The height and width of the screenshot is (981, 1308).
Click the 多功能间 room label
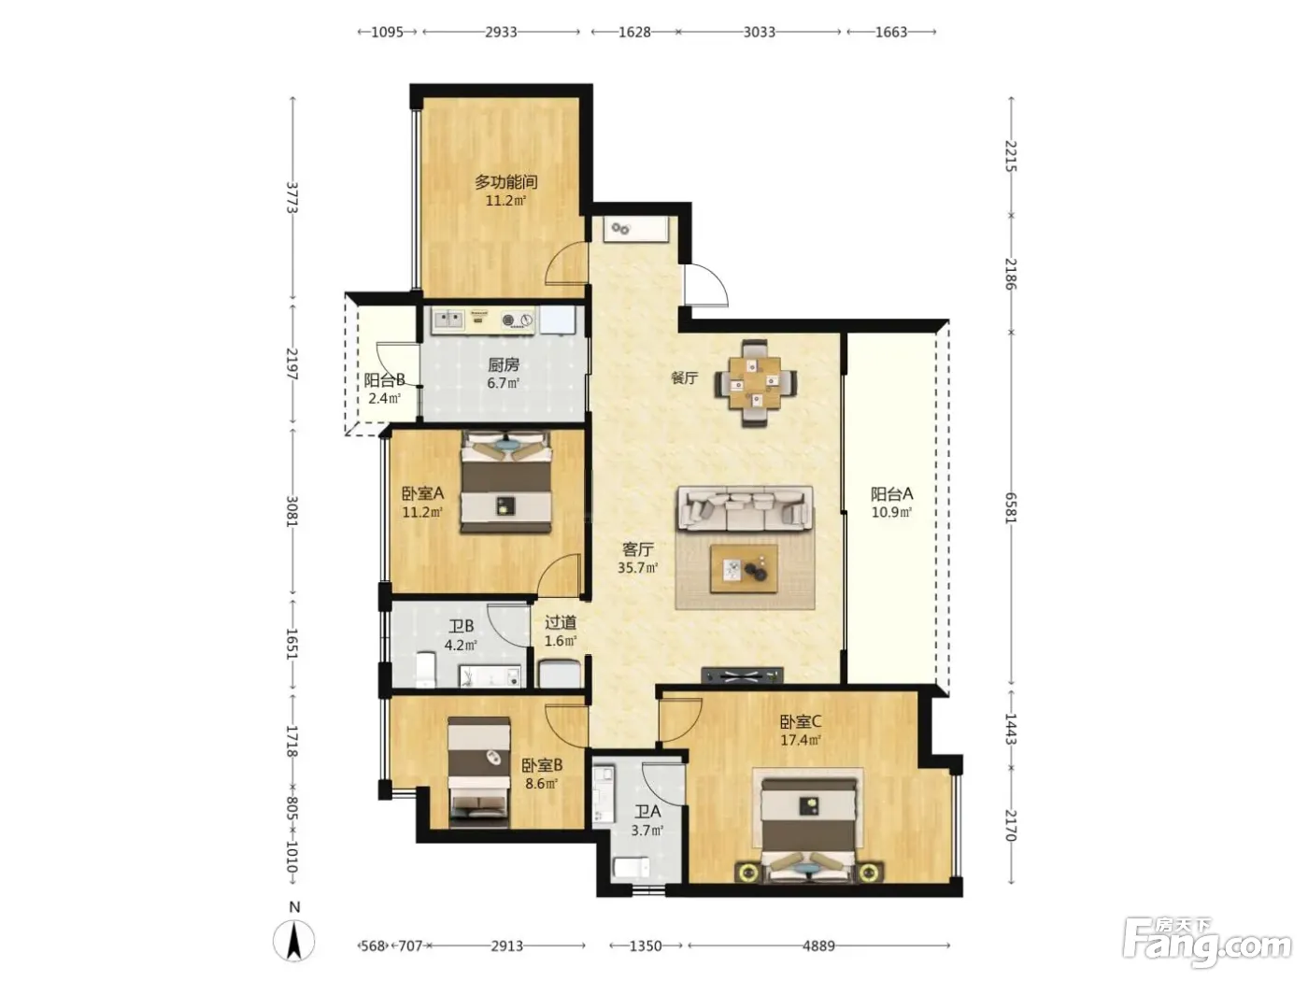point(505,181)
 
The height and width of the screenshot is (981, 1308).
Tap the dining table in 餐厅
point(756,382)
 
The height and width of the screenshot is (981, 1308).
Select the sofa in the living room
point(745,508)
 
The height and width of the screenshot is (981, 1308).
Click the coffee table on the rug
point(745,568)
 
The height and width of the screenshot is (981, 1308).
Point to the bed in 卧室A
point(506,482)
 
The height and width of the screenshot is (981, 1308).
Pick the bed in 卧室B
point(479,772)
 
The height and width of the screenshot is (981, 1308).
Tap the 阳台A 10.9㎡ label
point(891,502)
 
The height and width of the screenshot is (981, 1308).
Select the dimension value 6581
point(1011,508)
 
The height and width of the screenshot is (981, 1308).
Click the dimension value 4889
point(818,945)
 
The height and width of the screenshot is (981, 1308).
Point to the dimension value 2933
point(501,32)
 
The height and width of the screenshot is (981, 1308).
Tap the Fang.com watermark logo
point(1206,945)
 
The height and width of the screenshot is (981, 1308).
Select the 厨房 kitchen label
point(504,364)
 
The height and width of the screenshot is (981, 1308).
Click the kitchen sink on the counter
point(448,320)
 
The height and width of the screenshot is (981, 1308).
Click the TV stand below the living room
point(742,675)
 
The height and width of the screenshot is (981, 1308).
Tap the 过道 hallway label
point(561,622)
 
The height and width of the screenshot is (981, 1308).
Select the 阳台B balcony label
point(384,379)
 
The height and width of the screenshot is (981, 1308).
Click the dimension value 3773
point(292,196)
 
